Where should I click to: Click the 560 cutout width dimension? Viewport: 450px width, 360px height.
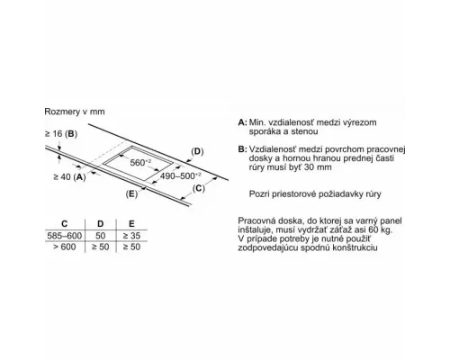(x=140, y=163)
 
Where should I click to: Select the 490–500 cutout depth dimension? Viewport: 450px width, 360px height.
(x=181, y=175)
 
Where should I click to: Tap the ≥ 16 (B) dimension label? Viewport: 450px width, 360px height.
(x=61, y=134)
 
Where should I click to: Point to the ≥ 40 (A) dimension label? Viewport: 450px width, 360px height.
(x=69, y=177)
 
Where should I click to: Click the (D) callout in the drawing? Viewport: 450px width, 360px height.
(x=197, y=151)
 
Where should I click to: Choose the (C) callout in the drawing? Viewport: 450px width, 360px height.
(x=198, y=188)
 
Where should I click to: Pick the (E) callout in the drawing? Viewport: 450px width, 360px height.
(x=131, y=194)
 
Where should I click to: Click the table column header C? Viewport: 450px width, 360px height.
(x=65, y=224)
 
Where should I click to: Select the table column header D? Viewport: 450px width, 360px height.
(x=101, y=224)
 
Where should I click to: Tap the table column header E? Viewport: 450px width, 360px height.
(x=131, y=224)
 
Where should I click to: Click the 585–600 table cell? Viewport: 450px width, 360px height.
(x=65, y=236)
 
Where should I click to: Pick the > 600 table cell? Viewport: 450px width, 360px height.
(x=65, y=247)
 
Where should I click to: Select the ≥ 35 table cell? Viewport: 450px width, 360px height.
(x=131, y=236)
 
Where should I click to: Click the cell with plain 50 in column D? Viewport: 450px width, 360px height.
(x=101, y=236)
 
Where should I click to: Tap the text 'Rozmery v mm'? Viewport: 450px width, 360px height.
(x=75, y=112)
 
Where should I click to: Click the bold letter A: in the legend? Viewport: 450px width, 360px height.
(x=243, y=122)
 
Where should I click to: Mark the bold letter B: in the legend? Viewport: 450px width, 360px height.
(x=243, y=149)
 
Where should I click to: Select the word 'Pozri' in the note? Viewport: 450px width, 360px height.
(x=259, y=194)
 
